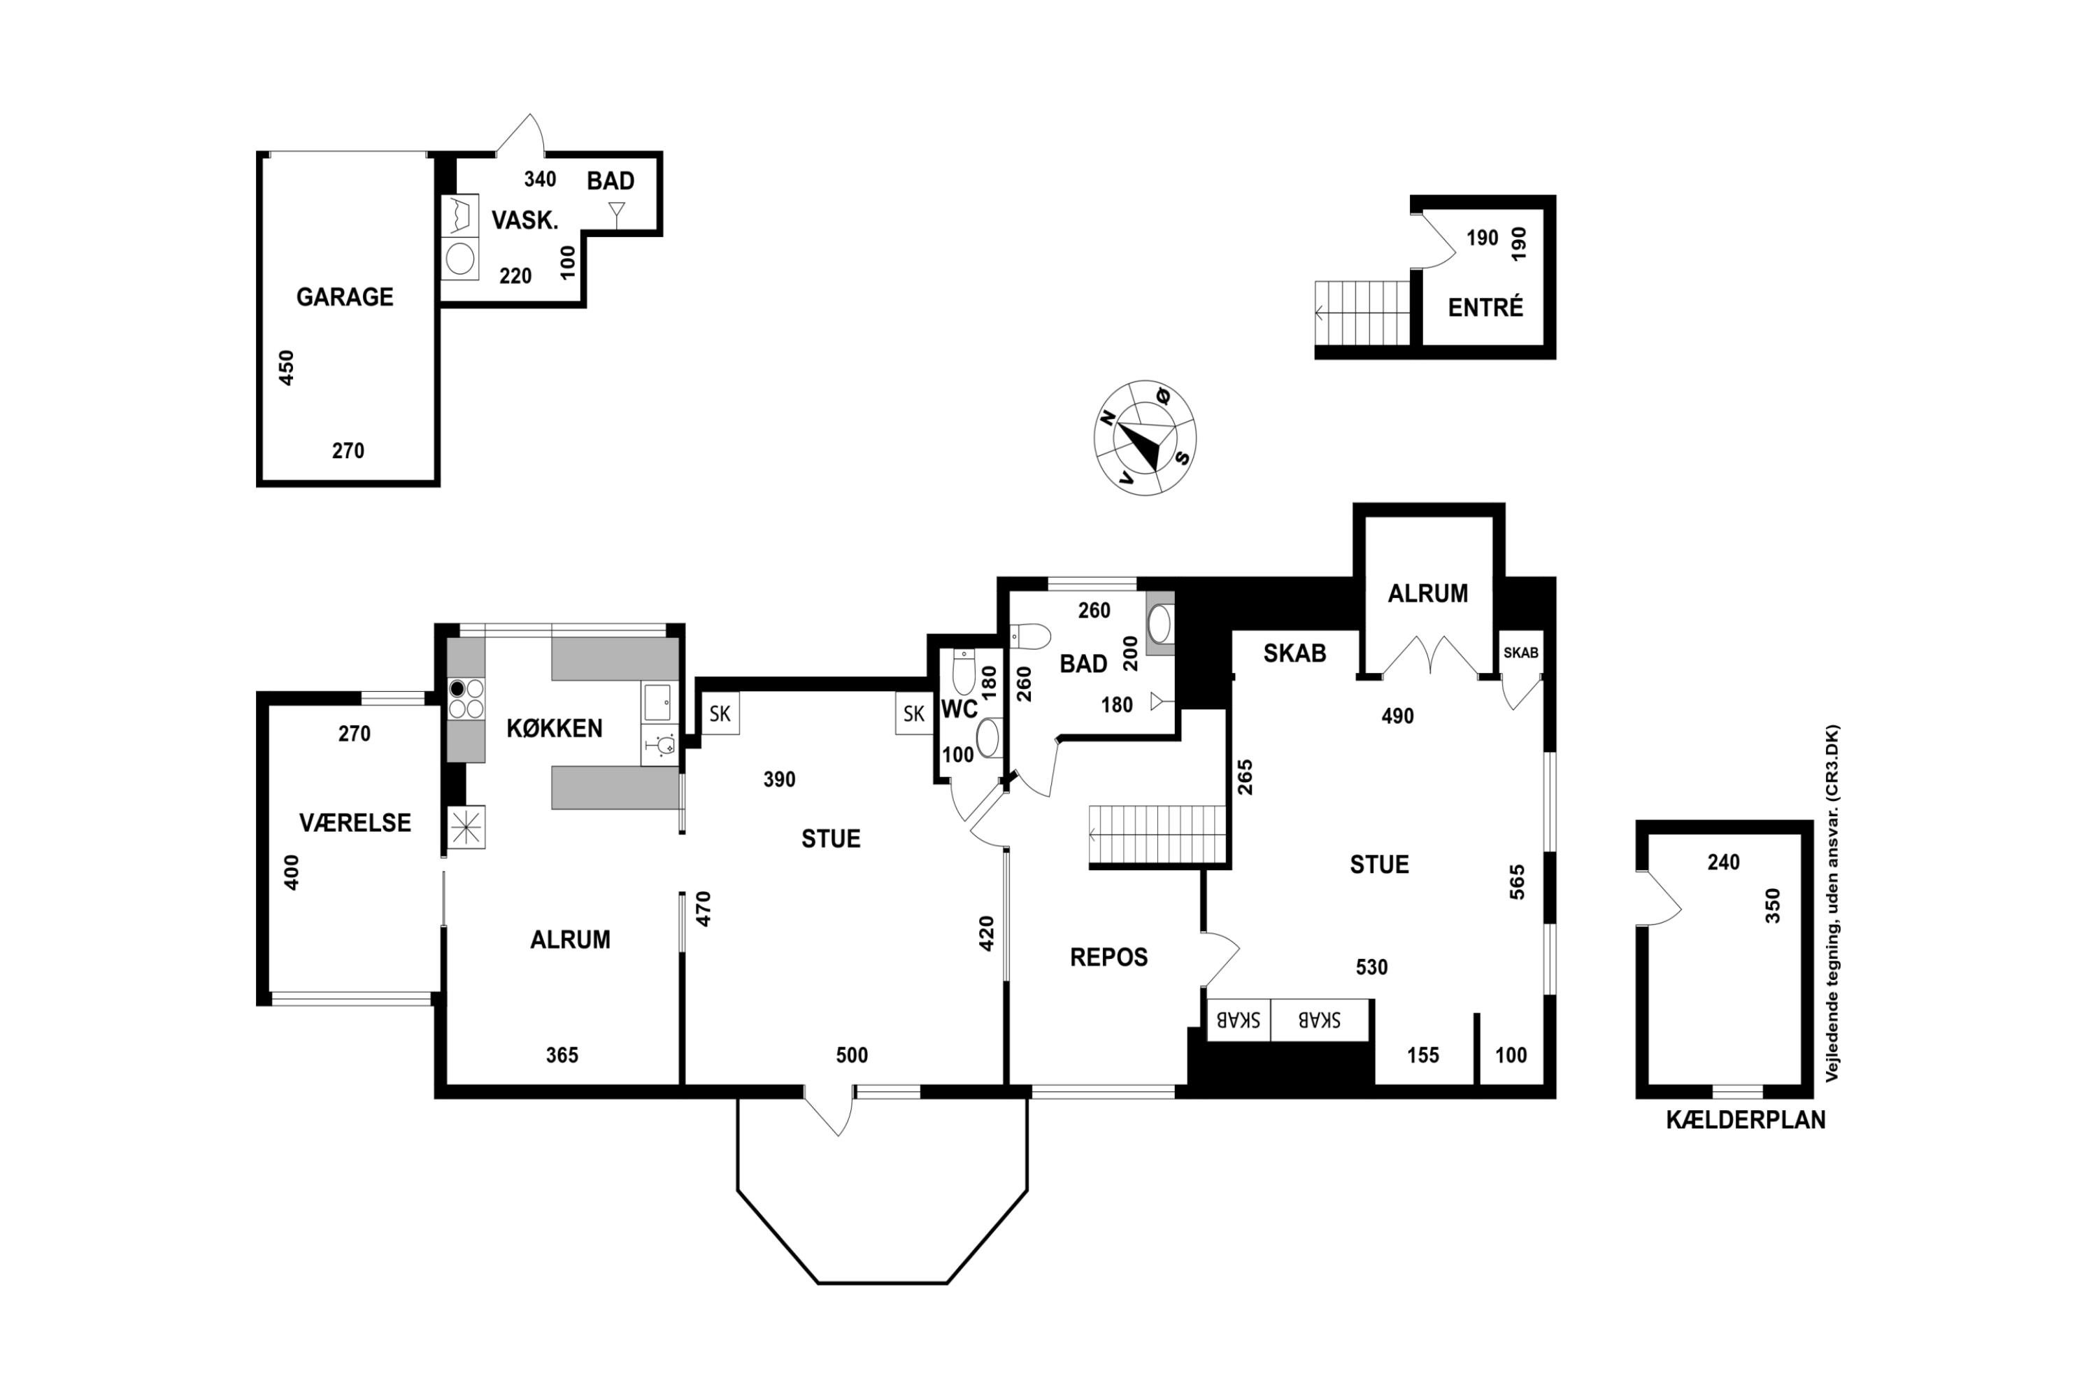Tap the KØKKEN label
[554, 728]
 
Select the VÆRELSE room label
[355, 823]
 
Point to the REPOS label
[1108, 958]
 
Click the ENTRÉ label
[1485, 308]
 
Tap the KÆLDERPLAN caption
[1746, 1120]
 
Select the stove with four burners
[466, 699]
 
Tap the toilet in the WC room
[964, 671]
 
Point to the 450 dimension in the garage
[286, 368]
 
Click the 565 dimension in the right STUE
[1518, 881]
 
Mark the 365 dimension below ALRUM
[562, 1056]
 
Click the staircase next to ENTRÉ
[1362, 313]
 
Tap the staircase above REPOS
[1158, 835]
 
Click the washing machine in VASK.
[460, 260]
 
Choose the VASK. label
[524, 220]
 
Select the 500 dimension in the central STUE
[852, 1056]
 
